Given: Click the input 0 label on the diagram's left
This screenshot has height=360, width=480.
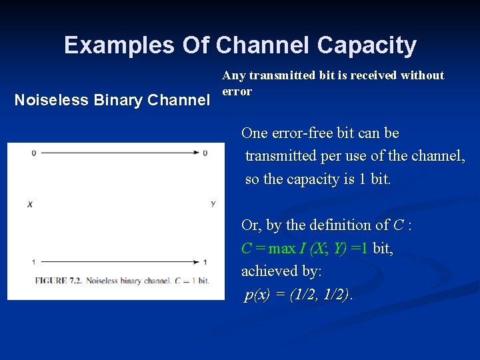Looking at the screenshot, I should (33, 153).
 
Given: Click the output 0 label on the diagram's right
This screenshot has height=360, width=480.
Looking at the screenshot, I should (205, 153).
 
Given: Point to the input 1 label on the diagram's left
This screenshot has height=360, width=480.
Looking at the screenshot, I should (33, 261).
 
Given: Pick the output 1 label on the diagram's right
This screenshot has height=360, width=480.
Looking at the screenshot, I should (205, 261).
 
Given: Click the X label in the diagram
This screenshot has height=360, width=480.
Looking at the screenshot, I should (30, 204).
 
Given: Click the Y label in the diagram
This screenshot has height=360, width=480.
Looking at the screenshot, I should (213, 204).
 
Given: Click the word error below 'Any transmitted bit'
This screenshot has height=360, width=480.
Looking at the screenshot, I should (237, 91).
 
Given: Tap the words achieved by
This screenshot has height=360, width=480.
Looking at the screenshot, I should (281, 271).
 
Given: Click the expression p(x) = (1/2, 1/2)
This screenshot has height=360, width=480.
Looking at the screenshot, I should (297, 295).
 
